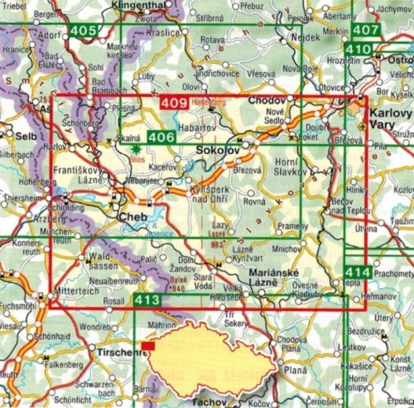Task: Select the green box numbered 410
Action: click(x=359, y=49)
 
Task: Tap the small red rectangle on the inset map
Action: click(x=147, y=346)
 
